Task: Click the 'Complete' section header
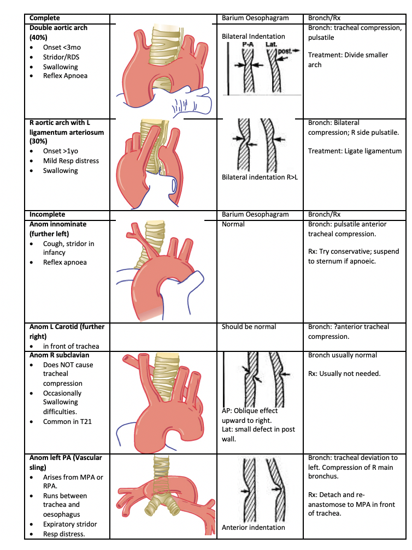[45, 18]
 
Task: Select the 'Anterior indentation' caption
[254, 527]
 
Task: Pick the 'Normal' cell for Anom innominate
[233, 224]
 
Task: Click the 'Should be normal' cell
[249, 327]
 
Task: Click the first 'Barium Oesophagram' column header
[255, 18]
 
